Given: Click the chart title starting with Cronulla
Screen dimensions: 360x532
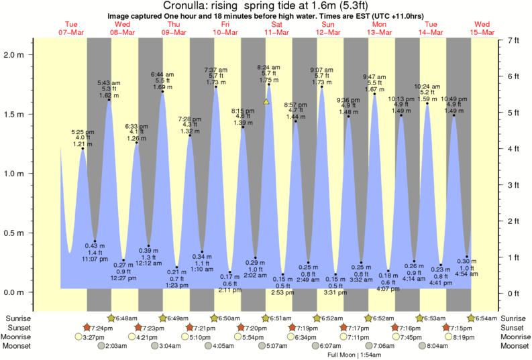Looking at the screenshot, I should pos(266,5).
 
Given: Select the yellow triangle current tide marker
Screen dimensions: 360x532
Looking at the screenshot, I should pos(266,102).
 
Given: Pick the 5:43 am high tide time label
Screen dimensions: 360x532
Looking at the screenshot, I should pos(109,82).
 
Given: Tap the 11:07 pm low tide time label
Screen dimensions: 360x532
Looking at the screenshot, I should pos(95,259).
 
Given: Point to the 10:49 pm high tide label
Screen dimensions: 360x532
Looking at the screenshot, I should pos(454,98).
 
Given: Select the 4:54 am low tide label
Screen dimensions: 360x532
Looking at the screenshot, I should pos(467,274).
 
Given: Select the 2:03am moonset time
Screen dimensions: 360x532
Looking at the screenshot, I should pos(117,346).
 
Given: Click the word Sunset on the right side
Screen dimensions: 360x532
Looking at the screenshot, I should pos(513,327).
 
